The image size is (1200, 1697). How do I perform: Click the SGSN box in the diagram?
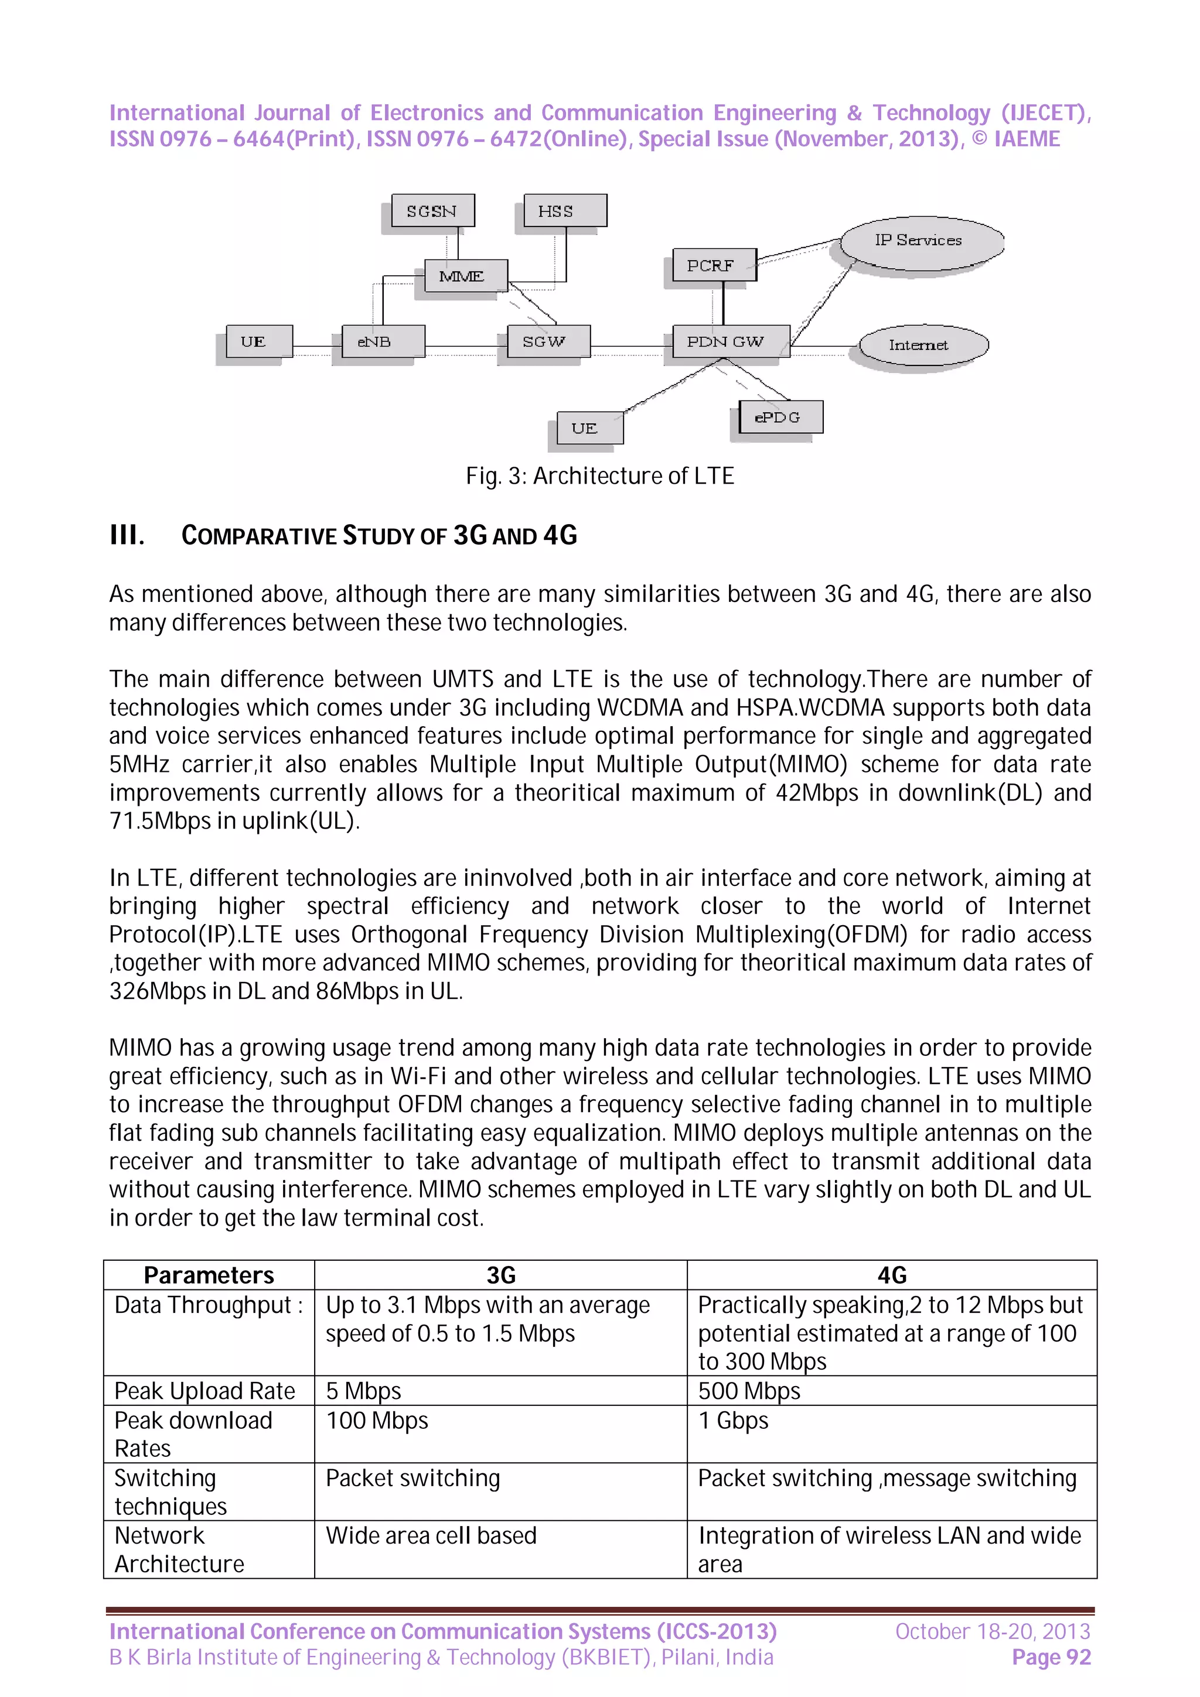(x=432, y=211)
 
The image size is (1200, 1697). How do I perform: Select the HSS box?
(x=564, y=211)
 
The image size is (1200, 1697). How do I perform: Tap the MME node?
(x=465, y=276)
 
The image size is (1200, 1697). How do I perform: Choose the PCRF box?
(x=714, y=265)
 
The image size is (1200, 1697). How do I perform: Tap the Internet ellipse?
(x=923, y=344)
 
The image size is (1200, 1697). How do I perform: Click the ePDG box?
(x=780, y=417)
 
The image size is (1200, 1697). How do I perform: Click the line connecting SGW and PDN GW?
(x=630, y=346)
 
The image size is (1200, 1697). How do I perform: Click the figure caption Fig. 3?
(x=599, y=475)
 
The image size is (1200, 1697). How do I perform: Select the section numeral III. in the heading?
(x=127, y=535)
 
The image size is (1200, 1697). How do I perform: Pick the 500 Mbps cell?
(x=749, y=1390)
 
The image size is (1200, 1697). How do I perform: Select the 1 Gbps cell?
(x=733, y=1420)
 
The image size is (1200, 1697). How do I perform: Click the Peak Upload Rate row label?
(x=204, y=1390)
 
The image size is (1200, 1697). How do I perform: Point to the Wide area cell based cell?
(x=431, y=1535)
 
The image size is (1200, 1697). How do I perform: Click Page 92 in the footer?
(x=1051, y=1657)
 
